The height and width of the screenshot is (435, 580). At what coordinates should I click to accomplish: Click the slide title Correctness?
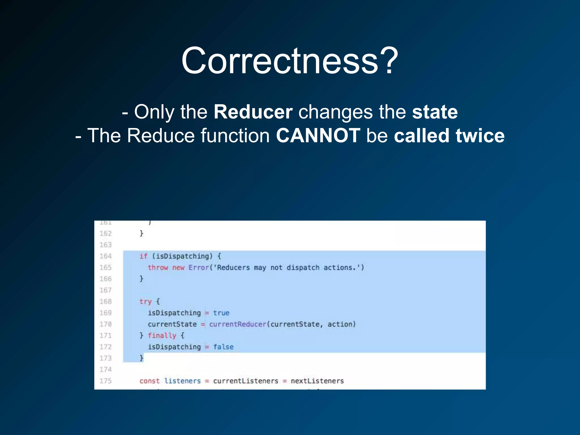(x=290, y=61)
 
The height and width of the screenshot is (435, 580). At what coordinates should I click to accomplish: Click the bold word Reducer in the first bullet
(x=253, y=112)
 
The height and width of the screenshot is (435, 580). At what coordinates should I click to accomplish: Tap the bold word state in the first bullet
(x=435, y=112)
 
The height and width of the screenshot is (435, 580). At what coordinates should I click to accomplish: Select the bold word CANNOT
(x=318, y=135)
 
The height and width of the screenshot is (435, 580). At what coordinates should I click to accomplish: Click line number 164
(x=106, y=256)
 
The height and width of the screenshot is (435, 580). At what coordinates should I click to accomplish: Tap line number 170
(x=106, y=324)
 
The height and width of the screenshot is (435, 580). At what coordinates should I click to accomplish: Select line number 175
(x=106, y=381)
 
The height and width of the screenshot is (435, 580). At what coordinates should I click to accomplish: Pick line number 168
(x=106, y=302)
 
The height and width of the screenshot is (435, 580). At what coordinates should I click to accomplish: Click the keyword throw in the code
(x=158, y=268)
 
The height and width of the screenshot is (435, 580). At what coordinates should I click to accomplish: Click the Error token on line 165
(x=199, y=268)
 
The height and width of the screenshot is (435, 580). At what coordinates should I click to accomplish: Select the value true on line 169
(x=221, y=313)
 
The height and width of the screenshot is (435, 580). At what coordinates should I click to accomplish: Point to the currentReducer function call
(x=238, y=324)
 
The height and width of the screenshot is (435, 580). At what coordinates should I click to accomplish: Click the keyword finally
(x=162, y=336)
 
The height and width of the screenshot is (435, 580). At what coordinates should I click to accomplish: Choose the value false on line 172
(x=223, y=347)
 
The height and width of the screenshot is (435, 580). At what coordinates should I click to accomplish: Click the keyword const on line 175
(x=149, y=381)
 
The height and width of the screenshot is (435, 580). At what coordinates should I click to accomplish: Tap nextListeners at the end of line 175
(x=317, y=381)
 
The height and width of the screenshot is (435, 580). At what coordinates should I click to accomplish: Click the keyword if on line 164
(x=143, y=256)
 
